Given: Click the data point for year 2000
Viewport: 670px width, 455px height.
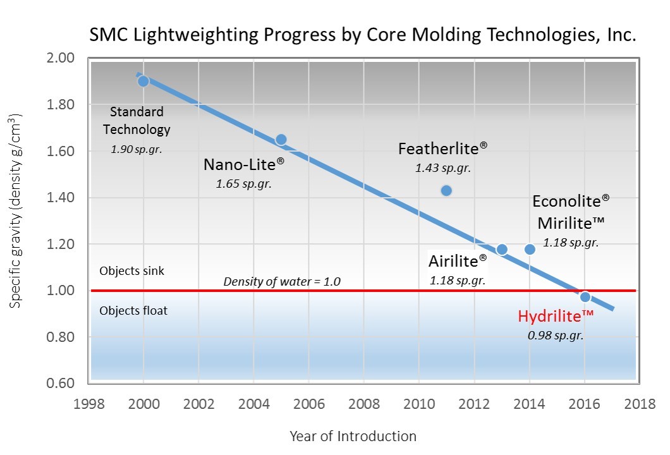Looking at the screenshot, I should coord(143,81).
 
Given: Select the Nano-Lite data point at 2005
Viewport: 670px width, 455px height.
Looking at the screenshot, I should coord(281,139).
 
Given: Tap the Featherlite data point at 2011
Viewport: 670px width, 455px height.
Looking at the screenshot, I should coord(446,190).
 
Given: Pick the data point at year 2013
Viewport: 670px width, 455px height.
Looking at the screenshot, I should coord(502,249).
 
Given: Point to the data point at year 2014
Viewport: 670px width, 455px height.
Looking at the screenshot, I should coord(530,249).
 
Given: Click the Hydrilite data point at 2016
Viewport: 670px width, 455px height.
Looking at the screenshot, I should coord(585,296).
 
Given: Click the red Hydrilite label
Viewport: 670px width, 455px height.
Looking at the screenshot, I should coord(556,317).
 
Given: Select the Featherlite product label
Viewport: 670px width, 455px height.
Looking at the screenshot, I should coord(443,149).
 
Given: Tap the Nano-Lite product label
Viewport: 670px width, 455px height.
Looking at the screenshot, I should coord(244,165).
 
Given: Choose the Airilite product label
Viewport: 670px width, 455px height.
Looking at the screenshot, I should coord(458,261).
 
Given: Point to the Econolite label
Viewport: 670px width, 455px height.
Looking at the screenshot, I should coord(571,202).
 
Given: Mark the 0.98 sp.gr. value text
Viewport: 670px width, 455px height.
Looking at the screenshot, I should coord(556,336).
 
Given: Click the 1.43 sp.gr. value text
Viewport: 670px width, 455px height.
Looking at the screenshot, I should coord(443,168).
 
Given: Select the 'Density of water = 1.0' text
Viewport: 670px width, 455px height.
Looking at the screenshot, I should coord(282,282).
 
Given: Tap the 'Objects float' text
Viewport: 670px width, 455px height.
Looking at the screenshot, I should coord(133,311).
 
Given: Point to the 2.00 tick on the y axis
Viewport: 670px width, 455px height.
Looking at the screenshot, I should coord(62,58).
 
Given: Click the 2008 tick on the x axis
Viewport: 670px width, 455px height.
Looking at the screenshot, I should coord(363,404).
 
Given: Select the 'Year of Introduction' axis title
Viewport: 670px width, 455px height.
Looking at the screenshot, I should coord(353,436).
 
